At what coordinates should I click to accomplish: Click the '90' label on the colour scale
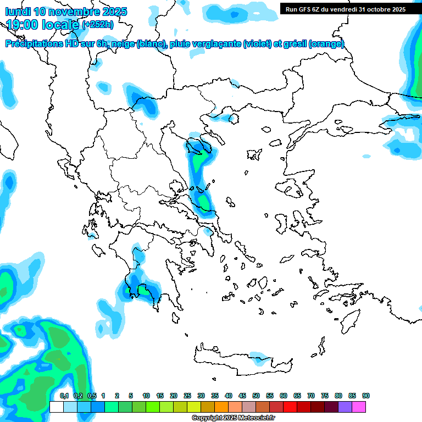(x=366, y=396)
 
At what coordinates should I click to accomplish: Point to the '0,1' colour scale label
(x=64, y=396)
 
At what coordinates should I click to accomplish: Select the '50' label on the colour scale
(x=256, y=396)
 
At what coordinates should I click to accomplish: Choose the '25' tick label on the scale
(x=187, y=396)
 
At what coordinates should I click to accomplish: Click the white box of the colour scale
(x=56, y=407)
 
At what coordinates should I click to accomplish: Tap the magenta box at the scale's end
(x=359, y=407)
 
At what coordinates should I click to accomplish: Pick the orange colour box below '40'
(x=221, y=407)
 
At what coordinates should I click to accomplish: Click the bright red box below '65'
(x=290, y=407)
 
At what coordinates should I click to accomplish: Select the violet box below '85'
(x=346, y=407)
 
